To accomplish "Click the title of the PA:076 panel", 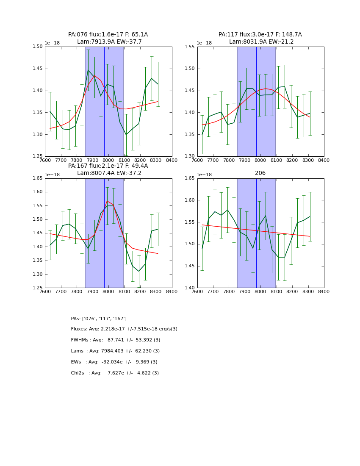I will [x=108, y=38].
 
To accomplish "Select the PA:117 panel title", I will [x=260, y=38].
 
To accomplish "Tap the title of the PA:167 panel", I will [x=108, y=169].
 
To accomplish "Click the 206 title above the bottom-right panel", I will [x=260, y=173].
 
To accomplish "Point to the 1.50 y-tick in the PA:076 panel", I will [x=38, y=47].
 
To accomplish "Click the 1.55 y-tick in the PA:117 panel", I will [x=190, y=47].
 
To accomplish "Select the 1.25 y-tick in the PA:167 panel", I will [x=38, y=288].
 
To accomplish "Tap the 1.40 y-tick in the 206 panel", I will [x=190, y=288].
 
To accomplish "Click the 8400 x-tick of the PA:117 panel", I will [x=324, y=161].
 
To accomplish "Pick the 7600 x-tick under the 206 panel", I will [x=197, y=292].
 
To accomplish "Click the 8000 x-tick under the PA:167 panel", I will [x=108, y=292].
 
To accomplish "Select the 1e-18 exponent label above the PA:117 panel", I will [x=205, y=43].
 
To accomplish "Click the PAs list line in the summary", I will [x=99, y=319].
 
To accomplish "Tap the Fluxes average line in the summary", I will [x=124, y=329].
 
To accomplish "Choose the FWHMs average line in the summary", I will [x=116, y=340].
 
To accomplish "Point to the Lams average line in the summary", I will [x=115, y=351].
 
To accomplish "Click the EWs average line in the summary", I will [x=114, y=362].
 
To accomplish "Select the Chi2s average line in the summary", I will [x=115, y=373].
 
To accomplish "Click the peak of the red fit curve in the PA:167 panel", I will [x=107, y=201].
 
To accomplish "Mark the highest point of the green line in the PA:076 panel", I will [x=88, y=70].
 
